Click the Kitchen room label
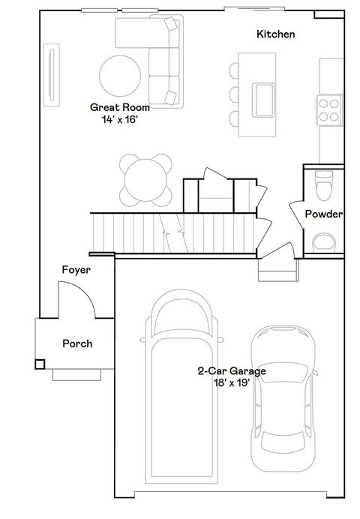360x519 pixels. tap(276, 34)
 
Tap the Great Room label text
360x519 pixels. tap(120, 107)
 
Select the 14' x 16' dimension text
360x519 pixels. tap(119, 119)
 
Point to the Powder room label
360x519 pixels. tap(323, 214)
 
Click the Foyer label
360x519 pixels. tap(76, 270)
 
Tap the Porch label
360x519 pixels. tap(77, 343)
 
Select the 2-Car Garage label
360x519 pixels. tap(232, 370)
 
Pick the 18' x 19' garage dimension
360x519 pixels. tap(232, 382)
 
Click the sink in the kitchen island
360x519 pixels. tap(263, 100)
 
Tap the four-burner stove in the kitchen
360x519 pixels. tap(329, 110)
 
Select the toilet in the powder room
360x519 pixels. tap(324, 185)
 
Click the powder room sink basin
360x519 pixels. tap(324, 241)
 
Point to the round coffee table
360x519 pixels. tap(120, 76)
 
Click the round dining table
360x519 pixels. tap(145, 180)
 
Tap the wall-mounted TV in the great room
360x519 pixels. tap(52, 75)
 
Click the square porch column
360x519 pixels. tap(40, 364)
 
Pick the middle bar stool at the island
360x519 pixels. tap(234, 94)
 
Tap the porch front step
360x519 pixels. tap(76, 375)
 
